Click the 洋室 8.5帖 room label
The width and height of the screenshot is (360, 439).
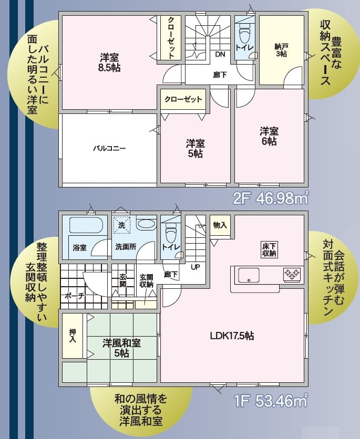tap(109, 62)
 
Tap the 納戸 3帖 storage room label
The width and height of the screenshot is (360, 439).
tap(281, 50)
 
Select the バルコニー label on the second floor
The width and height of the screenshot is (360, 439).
tap(109, 148)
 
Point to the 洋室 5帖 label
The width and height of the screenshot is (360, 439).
tap(196, 149)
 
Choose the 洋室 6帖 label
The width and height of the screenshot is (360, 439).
tap(269, 137)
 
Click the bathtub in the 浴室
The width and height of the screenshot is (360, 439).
tap(86, 225)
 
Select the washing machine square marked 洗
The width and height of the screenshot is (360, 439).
tap(121, 225)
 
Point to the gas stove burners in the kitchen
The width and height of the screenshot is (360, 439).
tap(292, 274)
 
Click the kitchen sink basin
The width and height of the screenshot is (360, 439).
tap(249, 275)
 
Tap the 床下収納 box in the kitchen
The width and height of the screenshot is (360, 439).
tap(269, 249)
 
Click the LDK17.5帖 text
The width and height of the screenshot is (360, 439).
tap(232, 336)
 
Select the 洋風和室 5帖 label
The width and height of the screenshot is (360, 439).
tap(121, 348)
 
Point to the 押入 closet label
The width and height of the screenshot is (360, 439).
tap(73, 336)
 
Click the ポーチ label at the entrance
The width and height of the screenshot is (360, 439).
tap(75, 296)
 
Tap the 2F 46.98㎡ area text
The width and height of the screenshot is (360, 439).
tap(271, 198)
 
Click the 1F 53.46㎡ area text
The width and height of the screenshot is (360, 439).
tap(271, 401)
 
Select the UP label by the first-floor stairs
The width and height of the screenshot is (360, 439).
tap(196, 267)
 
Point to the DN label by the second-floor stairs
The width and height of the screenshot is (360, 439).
tap(220, 54)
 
